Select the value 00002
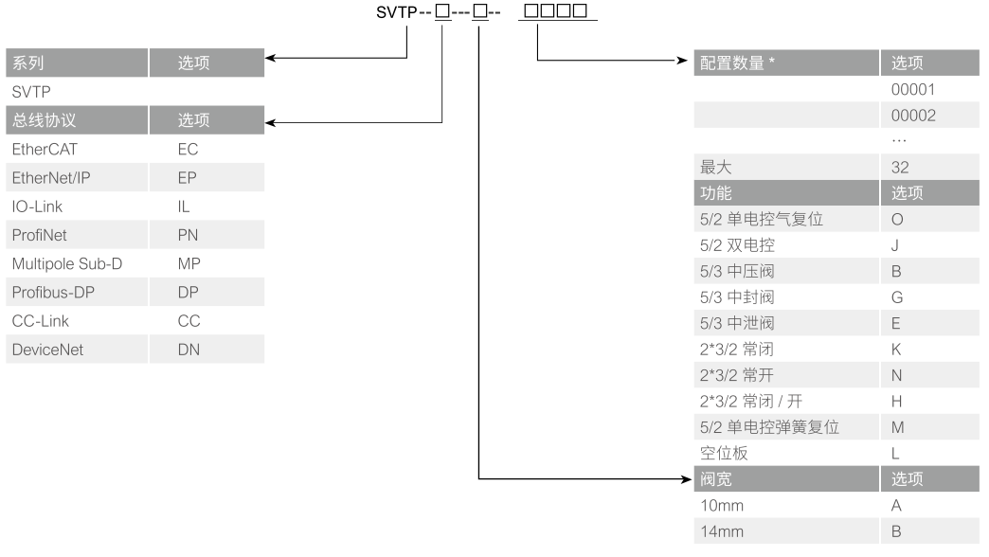coord(907,115)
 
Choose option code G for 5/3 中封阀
coord(896,297)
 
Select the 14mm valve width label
coord(722,531)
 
